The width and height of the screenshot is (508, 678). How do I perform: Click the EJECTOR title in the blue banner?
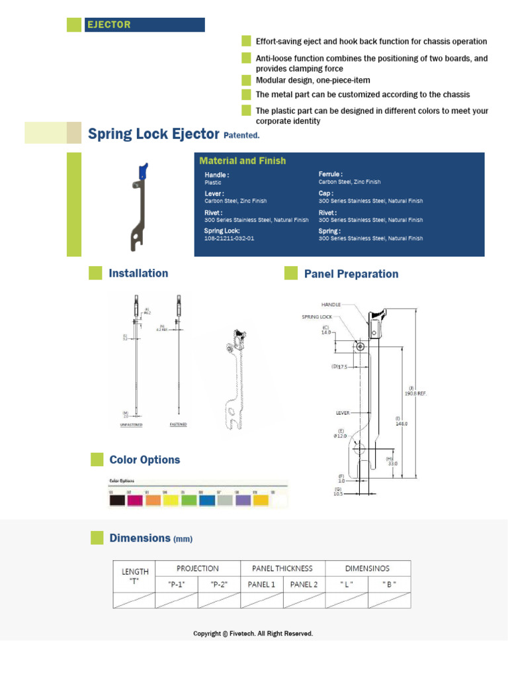(x=109, y=25)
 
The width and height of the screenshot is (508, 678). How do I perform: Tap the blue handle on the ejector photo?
(x=142, y=171)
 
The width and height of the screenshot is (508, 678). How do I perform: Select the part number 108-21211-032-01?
(x=229, y=238)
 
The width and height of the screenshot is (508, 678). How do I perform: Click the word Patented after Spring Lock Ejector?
(x=241, y=136)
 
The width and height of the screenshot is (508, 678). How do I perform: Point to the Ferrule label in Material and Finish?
(x=330, y=174)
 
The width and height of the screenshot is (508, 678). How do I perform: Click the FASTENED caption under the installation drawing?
(x=178, y=424)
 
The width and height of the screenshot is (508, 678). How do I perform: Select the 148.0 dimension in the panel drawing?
(x=402, y=424)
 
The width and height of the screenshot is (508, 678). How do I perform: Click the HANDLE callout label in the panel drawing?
(x=331, y=305)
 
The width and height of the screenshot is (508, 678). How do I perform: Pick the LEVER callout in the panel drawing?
(x=342, y=413)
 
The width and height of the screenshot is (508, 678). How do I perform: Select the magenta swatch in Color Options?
(x=135, y=501)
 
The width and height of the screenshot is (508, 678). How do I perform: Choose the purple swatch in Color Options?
(x=243, y=501)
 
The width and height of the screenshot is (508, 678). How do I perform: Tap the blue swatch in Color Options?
(x=207, y=501)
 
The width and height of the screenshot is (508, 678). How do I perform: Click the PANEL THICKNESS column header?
(x=282, y=568)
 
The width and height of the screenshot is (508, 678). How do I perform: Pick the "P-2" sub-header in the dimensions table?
(x=219, y=584)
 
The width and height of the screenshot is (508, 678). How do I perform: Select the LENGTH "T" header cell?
(x=135, y=576)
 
